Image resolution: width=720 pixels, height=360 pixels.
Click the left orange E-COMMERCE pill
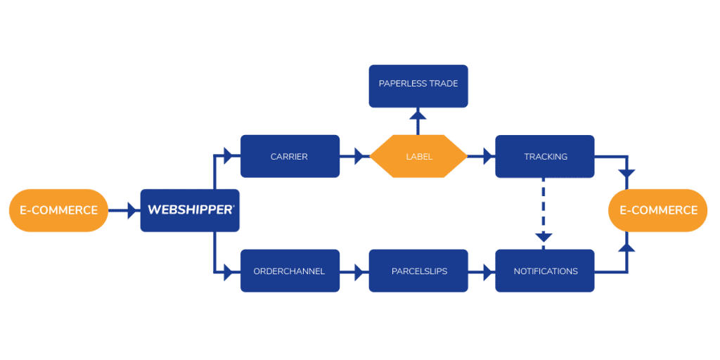coord(59,210)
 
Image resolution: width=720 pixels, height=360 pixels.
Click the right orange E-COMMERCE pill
coord(658,210)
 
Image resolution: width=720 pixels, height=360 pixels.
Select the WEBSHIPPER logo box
coord(190,210)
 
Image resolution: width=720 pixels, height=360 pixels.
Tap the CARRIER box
coord(290,156)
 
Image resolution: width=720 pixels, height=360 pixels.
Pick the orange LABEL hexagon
coord(418,156)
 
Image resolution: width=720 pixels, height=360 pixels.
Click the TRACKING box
coord(545,156)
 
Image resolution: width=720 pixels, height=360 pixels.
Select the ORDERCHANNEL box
coord(290,271)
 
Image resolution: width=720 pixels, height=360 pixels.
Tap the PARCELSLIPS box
coord(418,271)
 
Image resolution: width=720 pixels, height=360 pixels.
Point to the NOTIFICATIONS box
coord(545,271)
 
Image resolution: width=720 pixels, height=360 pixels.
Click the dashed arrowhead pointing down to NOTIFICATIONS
coord(544,238)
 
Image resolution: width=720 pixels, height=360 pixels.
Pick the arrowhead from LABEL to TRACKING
coord(488,156)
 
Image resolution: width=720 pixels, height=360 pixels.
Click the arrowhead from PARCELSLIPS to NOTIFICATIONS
coord(488,271)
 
